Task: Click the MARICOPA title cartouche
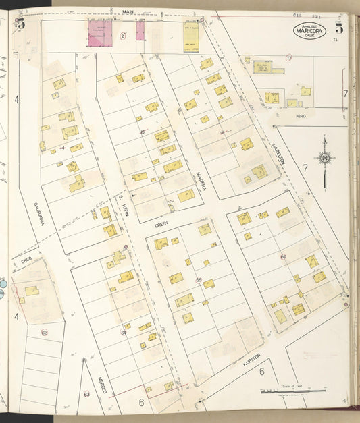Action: pyautogui.click(x=310, y=30)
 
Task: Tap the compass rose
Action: pyautogui.click(x=325, y=159)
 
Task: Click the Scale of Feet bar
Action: pyautogui.click(x=293, y=390)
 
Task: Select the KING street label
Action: pyautogui.click(x=301, y=116)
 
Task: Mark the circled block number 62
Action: pyautogui.click(x=44, y=333)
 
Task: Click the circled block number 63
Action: pyautogui.click(x=86, y=393)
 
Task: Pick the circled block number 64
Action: pyautogui.click(x=124, y=332)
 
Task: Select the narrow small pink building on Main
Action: pyautogui.click(x=140, y=30)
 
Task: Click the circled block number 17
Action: pyautogui.click(x=288, y=59)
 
